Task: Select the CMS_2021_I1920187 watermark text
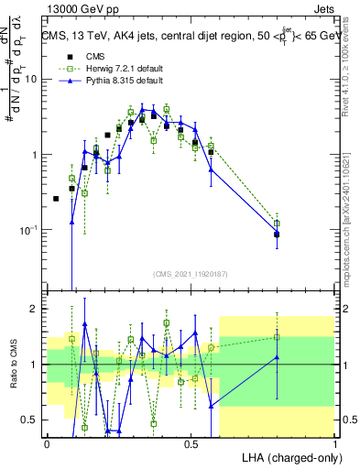pos(190,274)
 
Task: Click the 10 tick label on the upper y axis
pos(30,79)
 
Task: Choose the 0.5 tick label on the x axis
pos(191,443)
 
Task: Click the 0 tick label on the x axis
pos(46,443)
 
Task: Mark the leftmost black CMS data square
pos(56,199)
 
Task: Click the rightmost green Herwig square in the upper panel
pos(277,223)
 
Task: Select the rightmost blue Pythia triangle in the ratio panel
pos(277,357)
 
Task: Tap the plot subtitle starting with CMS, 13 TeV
pos(191,37)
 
